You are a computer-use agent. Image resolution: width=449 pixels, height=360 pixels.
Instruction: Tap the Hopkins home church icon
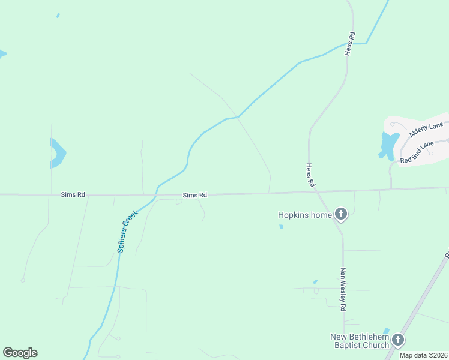click(341, 214)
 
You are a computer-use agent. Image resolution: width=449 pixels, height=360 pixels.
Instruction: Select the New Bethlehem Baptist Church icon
click(397, 341)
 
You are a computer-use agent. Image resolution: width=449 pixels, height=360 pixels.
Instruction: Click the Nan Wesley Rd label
click(343, 289)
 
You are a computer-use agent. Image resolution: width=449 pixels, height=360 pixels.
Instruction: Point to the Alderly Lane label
click(426, 129)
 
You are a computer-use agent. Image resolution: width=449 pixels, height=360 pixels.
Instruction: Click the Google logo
click(20, 353)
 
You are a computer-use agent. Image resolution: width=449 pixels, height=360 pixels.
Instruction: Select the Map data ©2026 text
click(424, 355)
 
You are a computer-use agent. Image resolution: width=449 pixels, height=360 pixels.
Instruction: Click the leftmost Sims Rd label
click(73, 194)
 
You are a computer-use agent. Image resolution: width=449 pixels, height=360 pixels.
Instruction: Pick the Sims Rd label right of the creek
click(195, 195)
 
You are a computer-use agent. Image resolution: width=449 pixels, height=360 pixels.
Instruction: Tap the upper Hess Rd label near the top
click(350, 44)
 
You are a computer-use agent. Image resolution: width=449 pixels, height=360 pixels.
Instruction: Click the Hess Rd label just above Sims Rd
click(310, 175)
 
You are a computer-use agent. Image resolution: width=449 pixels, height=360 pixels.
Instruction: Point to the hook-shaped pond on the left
click(58, 153)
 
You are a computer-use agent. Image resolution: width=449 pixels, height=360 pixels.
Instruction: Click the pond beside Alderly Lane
click(388, 145)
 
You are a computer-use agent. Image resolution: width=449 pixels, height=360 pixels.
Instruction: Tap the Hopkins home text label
click(304, 215)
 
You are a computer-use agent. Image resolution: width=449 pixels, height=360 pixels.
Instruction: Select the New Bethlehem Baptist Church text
click(360, 341)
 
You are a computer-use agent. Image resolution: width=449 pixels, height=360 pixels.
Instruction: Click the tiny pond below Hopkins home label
click(281, 227)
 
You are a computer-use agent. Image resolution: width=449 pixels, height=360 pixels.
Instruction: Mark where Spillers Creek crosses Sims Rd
click(156, 194)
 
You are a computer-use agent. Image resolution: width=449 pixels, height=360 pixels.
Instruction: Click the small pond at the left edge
click(2, 54)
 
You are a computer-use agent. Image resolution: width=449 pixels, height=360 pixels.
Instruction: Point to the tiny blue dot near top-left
click(58, 16)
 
